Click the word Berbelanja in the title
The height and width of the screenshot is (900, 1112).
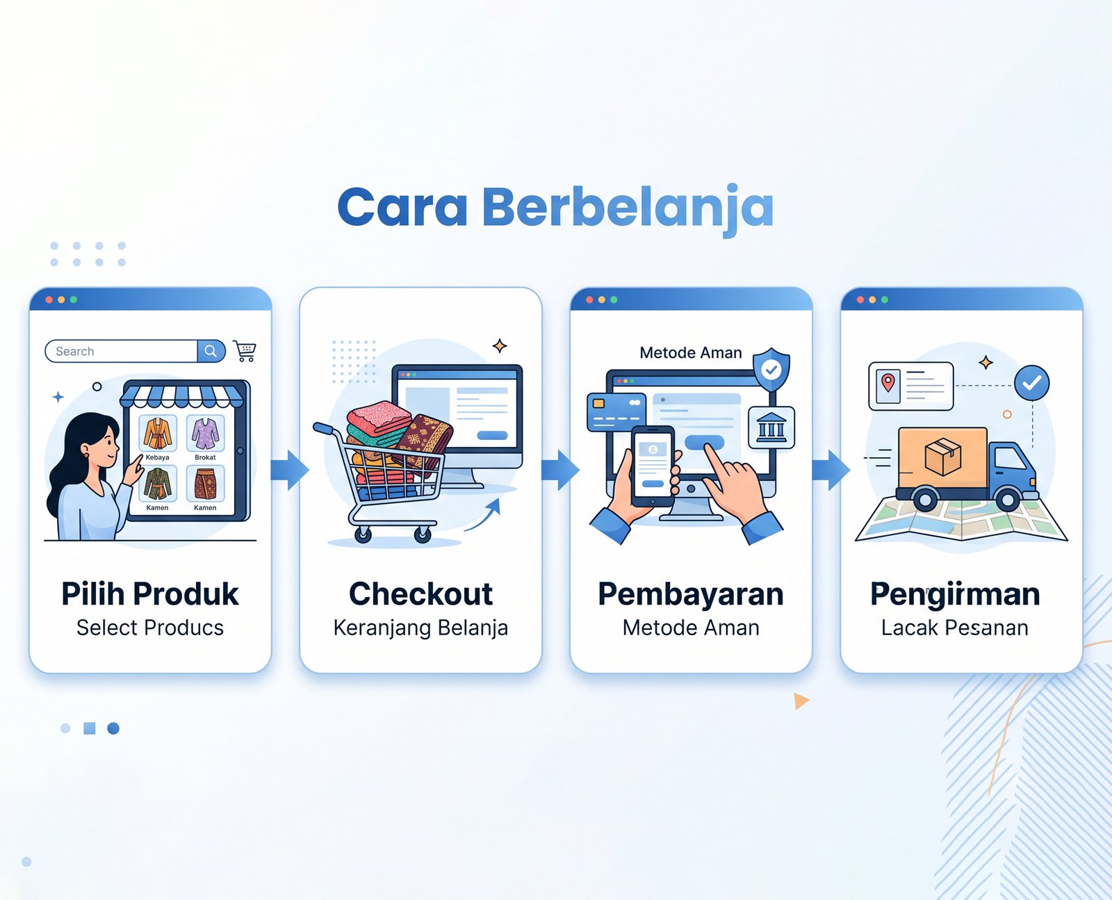pos(628,208)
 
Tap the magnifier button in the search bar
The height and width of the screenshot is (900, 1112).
pos(211,351)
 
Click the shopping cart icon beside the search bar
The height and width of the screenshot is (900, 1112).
pos(245,351)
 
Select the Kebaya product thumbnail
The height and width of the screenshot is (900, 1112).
pos(158,433)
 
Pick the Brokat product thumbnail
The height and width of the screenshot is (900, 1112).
pos(205,433)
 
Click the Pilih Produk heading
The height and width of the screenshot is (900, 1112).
pos(150,594)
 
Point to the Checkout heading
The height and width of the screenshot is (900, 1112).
pos(420,594)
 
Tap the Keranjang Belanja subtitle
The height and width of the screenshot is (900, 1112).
pos(420,628)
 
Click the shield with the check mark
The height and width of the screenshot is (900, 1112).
pos(771,370)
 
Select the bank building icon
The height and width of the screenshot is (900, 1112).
pos(771,427)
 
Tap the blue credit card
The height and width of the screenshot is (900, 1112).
pos(616,412)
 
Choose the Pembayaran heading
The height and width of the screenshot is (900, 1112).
pos(691,595)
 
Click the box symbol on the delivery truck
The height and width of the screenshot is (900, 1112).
pos(942,456)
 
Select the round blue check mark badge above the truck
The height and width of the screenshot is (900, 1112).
pos(1031,383)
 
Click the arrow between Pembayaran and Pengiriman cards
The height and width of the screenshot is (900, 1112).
pos(831,470)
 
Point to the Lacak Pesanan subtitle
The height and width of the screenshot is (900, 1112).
pos(955,628)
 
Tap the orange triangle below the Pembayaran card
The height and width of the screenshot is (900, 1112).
pos(801,701)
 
